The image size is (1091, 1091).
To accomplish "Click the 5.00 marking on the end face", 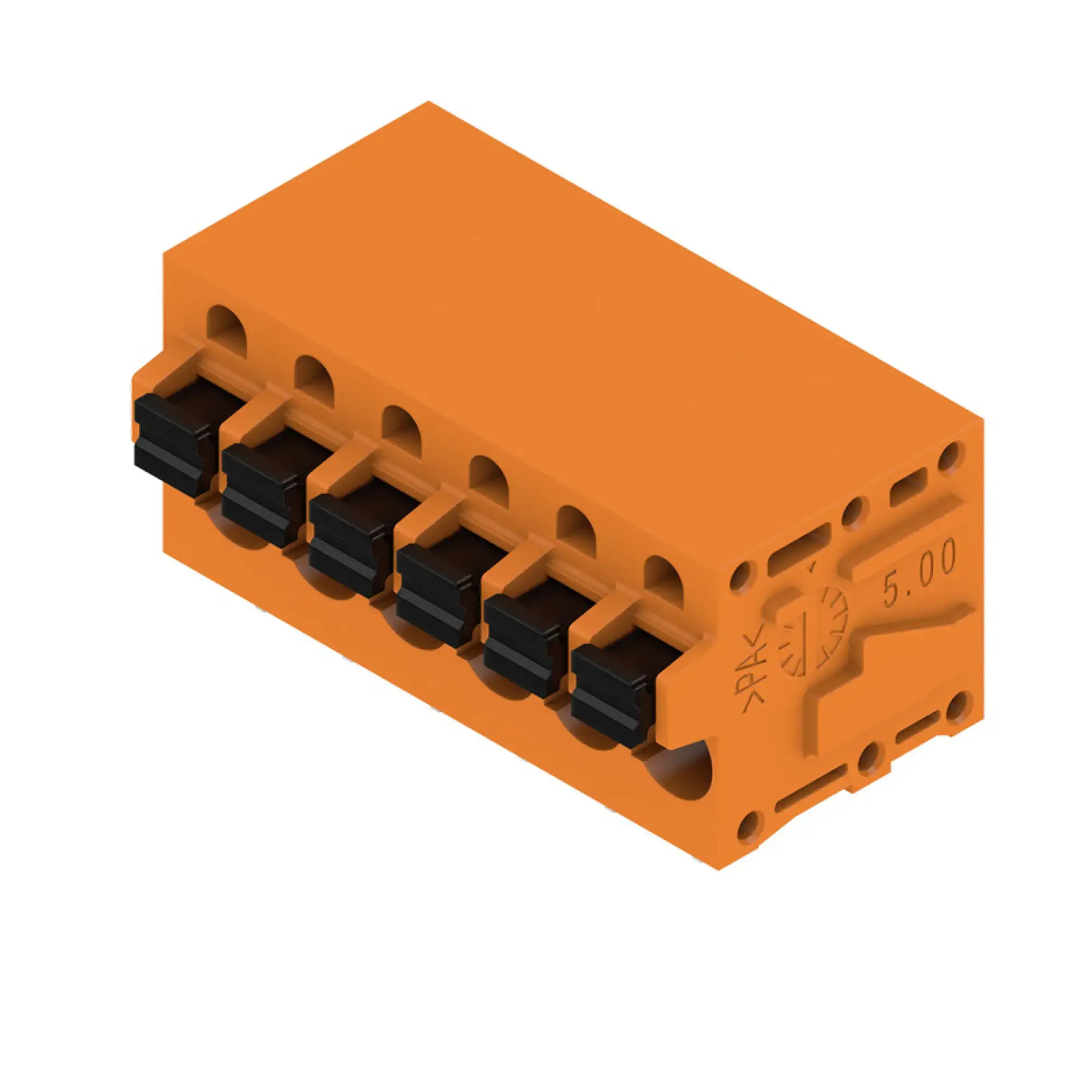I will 919,574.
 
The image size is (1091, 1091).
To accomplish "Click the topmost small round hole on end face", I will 951,455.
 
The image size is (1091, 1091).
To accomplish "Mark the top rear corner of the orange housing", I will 428,102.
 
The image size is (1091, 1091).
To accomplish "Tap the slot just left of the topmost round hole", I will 908,485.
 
